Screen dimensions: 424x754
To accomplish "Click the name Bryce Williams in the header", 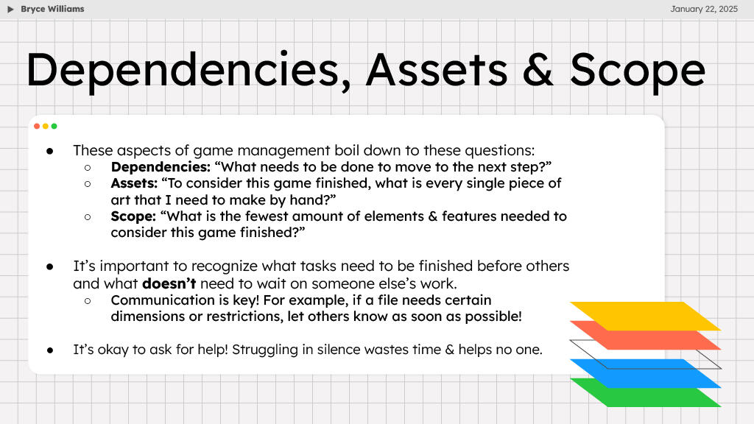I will coord(52,9).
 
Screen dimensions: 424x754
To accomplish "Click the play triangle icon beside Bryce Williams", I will coord(11,9).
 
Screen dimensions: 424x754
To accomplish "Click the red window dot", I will coord(37,126).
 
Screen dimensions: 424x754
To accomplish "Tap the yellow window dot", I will coord(45,126).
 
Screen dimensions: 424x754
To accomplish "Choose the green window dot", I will coord(54,126).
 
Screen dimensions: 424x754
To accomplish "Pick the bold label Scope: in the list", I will coord(133,216).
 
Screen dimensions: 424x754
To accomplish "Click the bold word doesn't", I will coord(169,283).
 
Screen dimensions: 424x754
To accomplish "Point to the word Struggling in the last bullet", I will coord(263,349).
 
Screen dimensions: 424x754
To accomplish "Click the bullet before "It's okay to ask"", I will coord(50,350).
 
